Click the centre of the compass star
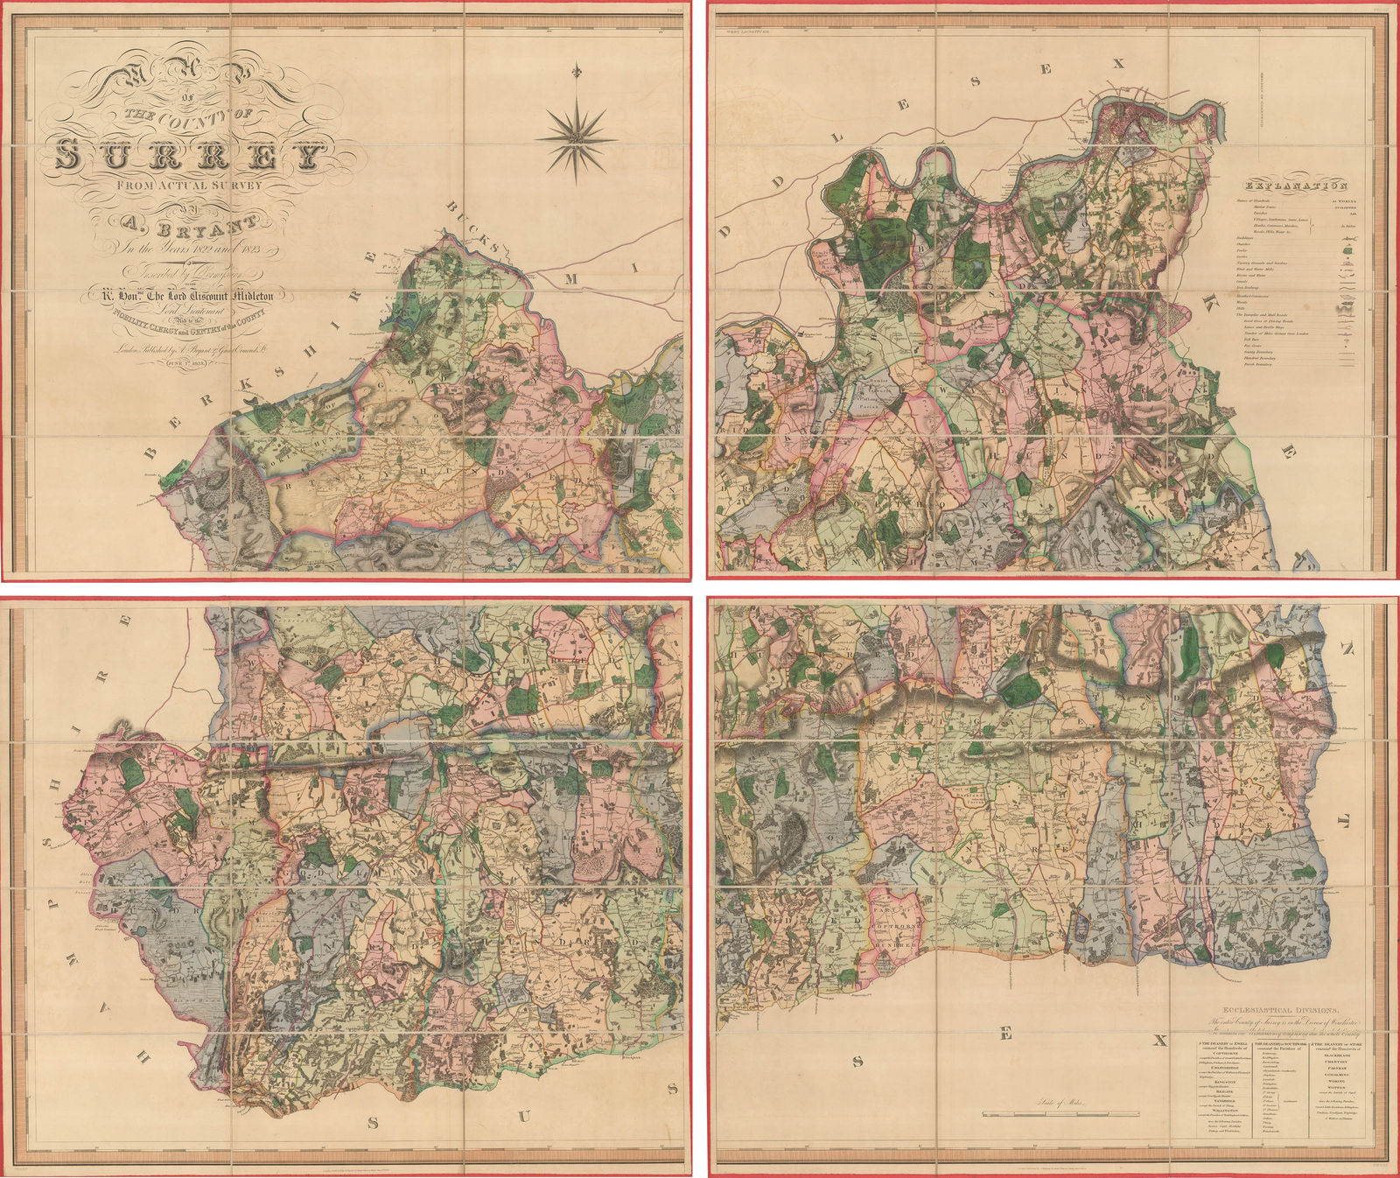(576, 138)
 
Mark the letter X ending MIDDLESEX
(1116, 63)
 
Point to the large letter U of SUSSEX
(523, 1115)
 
